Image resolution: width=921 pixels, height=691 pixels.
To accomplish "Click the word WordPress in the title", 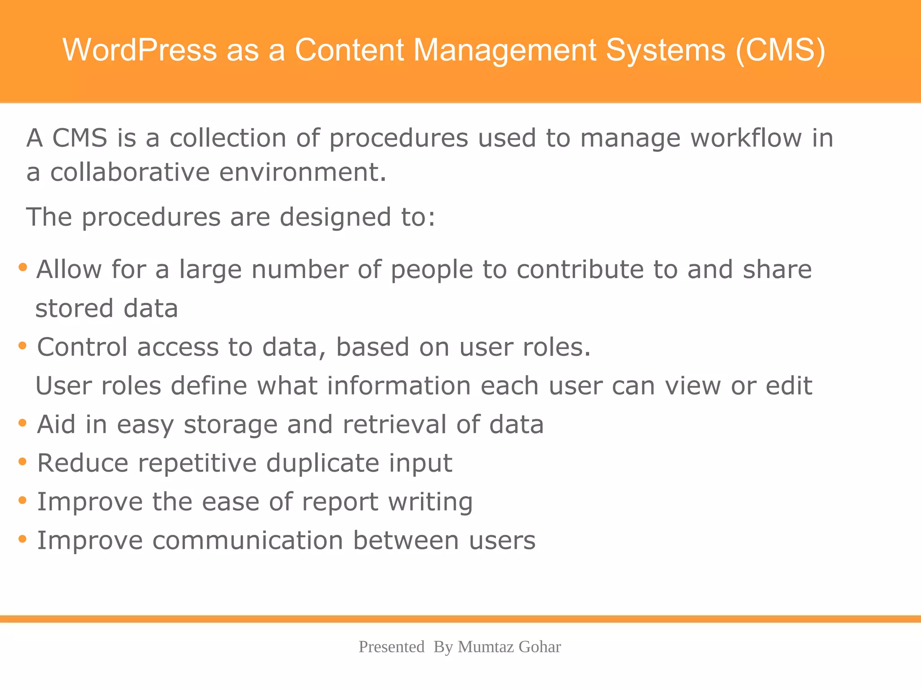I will point(139,49).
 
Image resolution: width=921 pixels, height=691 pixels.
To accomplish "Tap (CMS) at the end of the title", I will point(780,49).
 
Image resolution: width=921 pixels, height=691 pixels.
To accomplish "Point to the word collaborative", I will point(130,172).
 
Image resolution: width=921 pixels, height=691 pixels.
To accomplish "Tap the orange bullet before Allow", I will point(22,268).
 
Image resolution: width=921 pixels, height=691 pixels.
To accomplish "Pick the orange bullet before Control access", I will point(22,346).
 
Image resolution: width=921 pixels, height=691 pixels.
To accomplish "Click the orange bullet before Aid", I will point(22,423).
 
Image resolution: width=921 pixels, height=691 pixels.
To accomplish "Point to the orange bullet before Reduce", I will point(22,462).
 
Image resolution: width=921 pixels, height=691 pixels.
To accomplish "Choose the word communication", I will point(248,540).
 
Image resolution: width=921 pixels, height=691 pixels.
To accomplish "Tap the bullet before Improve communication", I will point(22,539).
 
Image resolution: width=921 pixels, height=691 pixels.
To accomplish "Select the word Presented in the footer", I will point(391,647).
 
